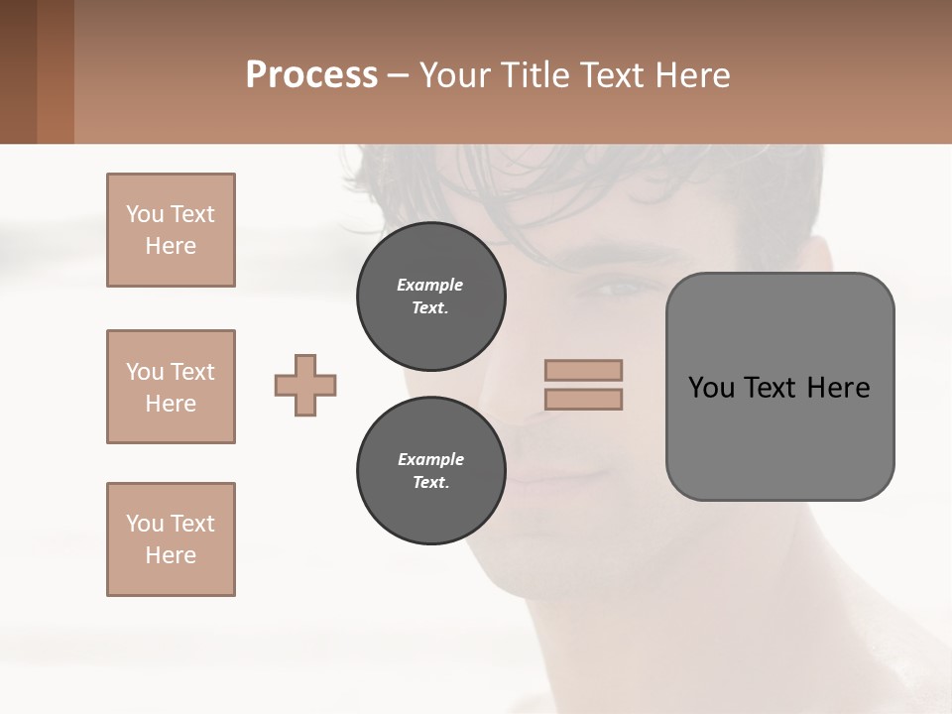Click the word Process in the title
[311, 74]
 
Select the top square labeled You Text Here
[171, 230]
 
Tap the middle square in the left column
[171, 387]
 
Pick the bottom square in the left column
[171, 539]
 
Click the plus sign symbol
[305, 385]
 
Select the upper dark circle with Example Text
[430, 296]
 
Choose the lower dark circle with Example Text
[430, 470]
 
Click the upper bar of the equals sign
[583, 370]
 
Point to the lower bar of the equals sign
[583, 400]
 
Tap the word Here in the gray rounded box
[838, 388]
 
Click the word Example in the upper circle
[430, 285]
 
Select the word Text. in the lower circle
[430, 482]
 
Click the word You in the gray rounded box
[712, 388]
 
